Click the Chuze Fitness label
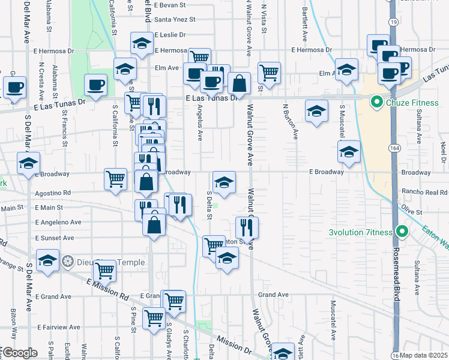[413, 103]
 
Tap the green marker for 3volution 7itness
[402, 233]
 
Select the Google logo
[20, 353]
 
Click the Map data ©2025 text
[424, 355]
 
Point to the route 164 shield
[393, 148]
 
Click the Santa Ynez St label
[175, 19]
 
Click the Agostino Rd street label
[53, 193]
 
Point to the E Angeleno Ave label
[58, 222]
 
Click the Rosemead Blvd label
[397, 270]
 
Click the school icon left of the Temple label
[48, 260]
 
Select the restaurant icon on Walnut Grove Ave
[247, 227]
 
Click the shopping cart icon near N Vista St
[270, 73]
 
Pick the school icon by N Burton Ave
[316, 110]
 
